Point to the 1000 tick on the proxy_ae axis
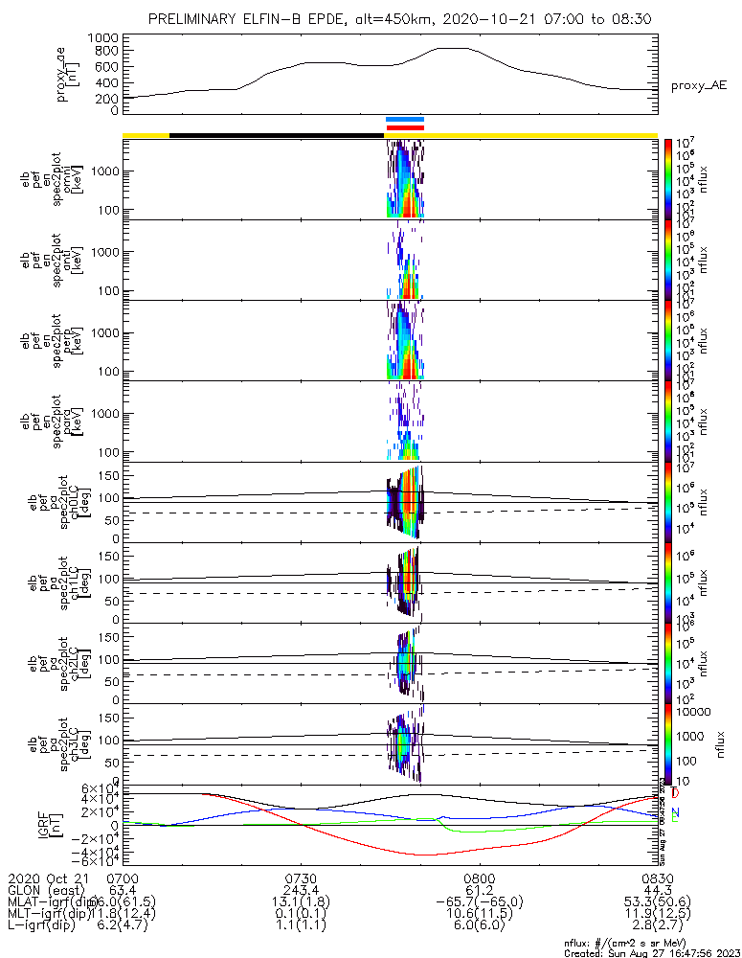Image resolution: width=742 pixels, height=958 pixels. (x=101, y=37)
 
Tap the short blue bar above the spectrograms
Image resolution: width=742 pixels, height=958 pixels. (x=404, y=120)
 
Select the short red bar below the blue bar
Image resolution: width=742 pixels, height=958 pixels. (x=404, y=127)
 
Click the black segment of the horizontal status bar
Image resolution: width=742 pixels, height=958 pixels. (x=276, y=135)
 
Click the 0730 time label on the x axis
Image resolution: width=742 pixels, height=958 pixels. (x=301, y=878)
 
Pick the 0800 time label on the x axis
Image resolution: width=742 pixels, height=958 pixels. (x=479, y=878)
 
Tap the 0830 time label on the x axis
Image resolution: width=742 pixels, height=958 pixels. (x=657, y=878)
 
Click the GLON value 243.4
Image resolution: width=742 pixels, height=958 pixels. (x=301, y=890)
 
